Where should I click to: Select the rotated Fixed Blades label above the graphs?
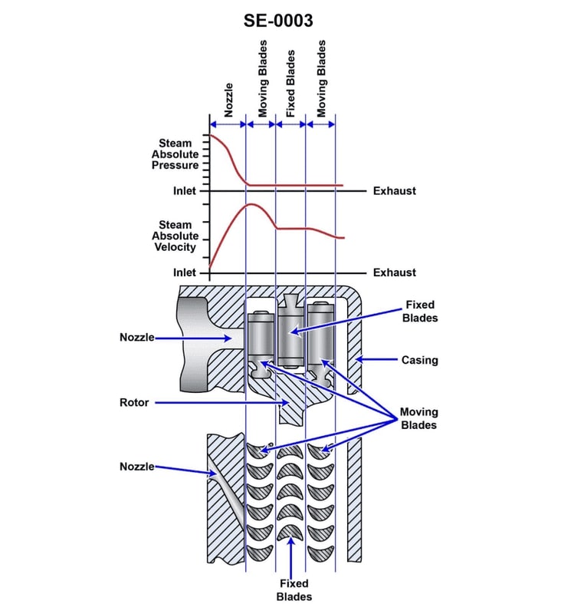point(290,85)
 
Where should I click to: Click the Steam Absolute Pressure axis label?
point(176,154)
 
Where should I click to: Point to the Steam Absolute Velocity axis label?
point(176,236)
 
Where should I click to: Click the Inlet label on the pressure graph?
point(185,190)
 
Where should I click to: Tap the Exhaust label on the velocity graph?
point(394,272)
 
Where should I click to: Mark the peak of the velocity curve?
point(251,205)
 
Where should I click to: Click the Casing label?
point(420,359)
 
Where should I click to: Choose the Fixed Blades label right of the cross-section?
point(419,312)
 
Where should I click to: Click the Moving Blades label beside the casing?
point(418,419)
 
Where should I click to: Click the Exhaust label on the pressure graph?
point(394,190)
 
